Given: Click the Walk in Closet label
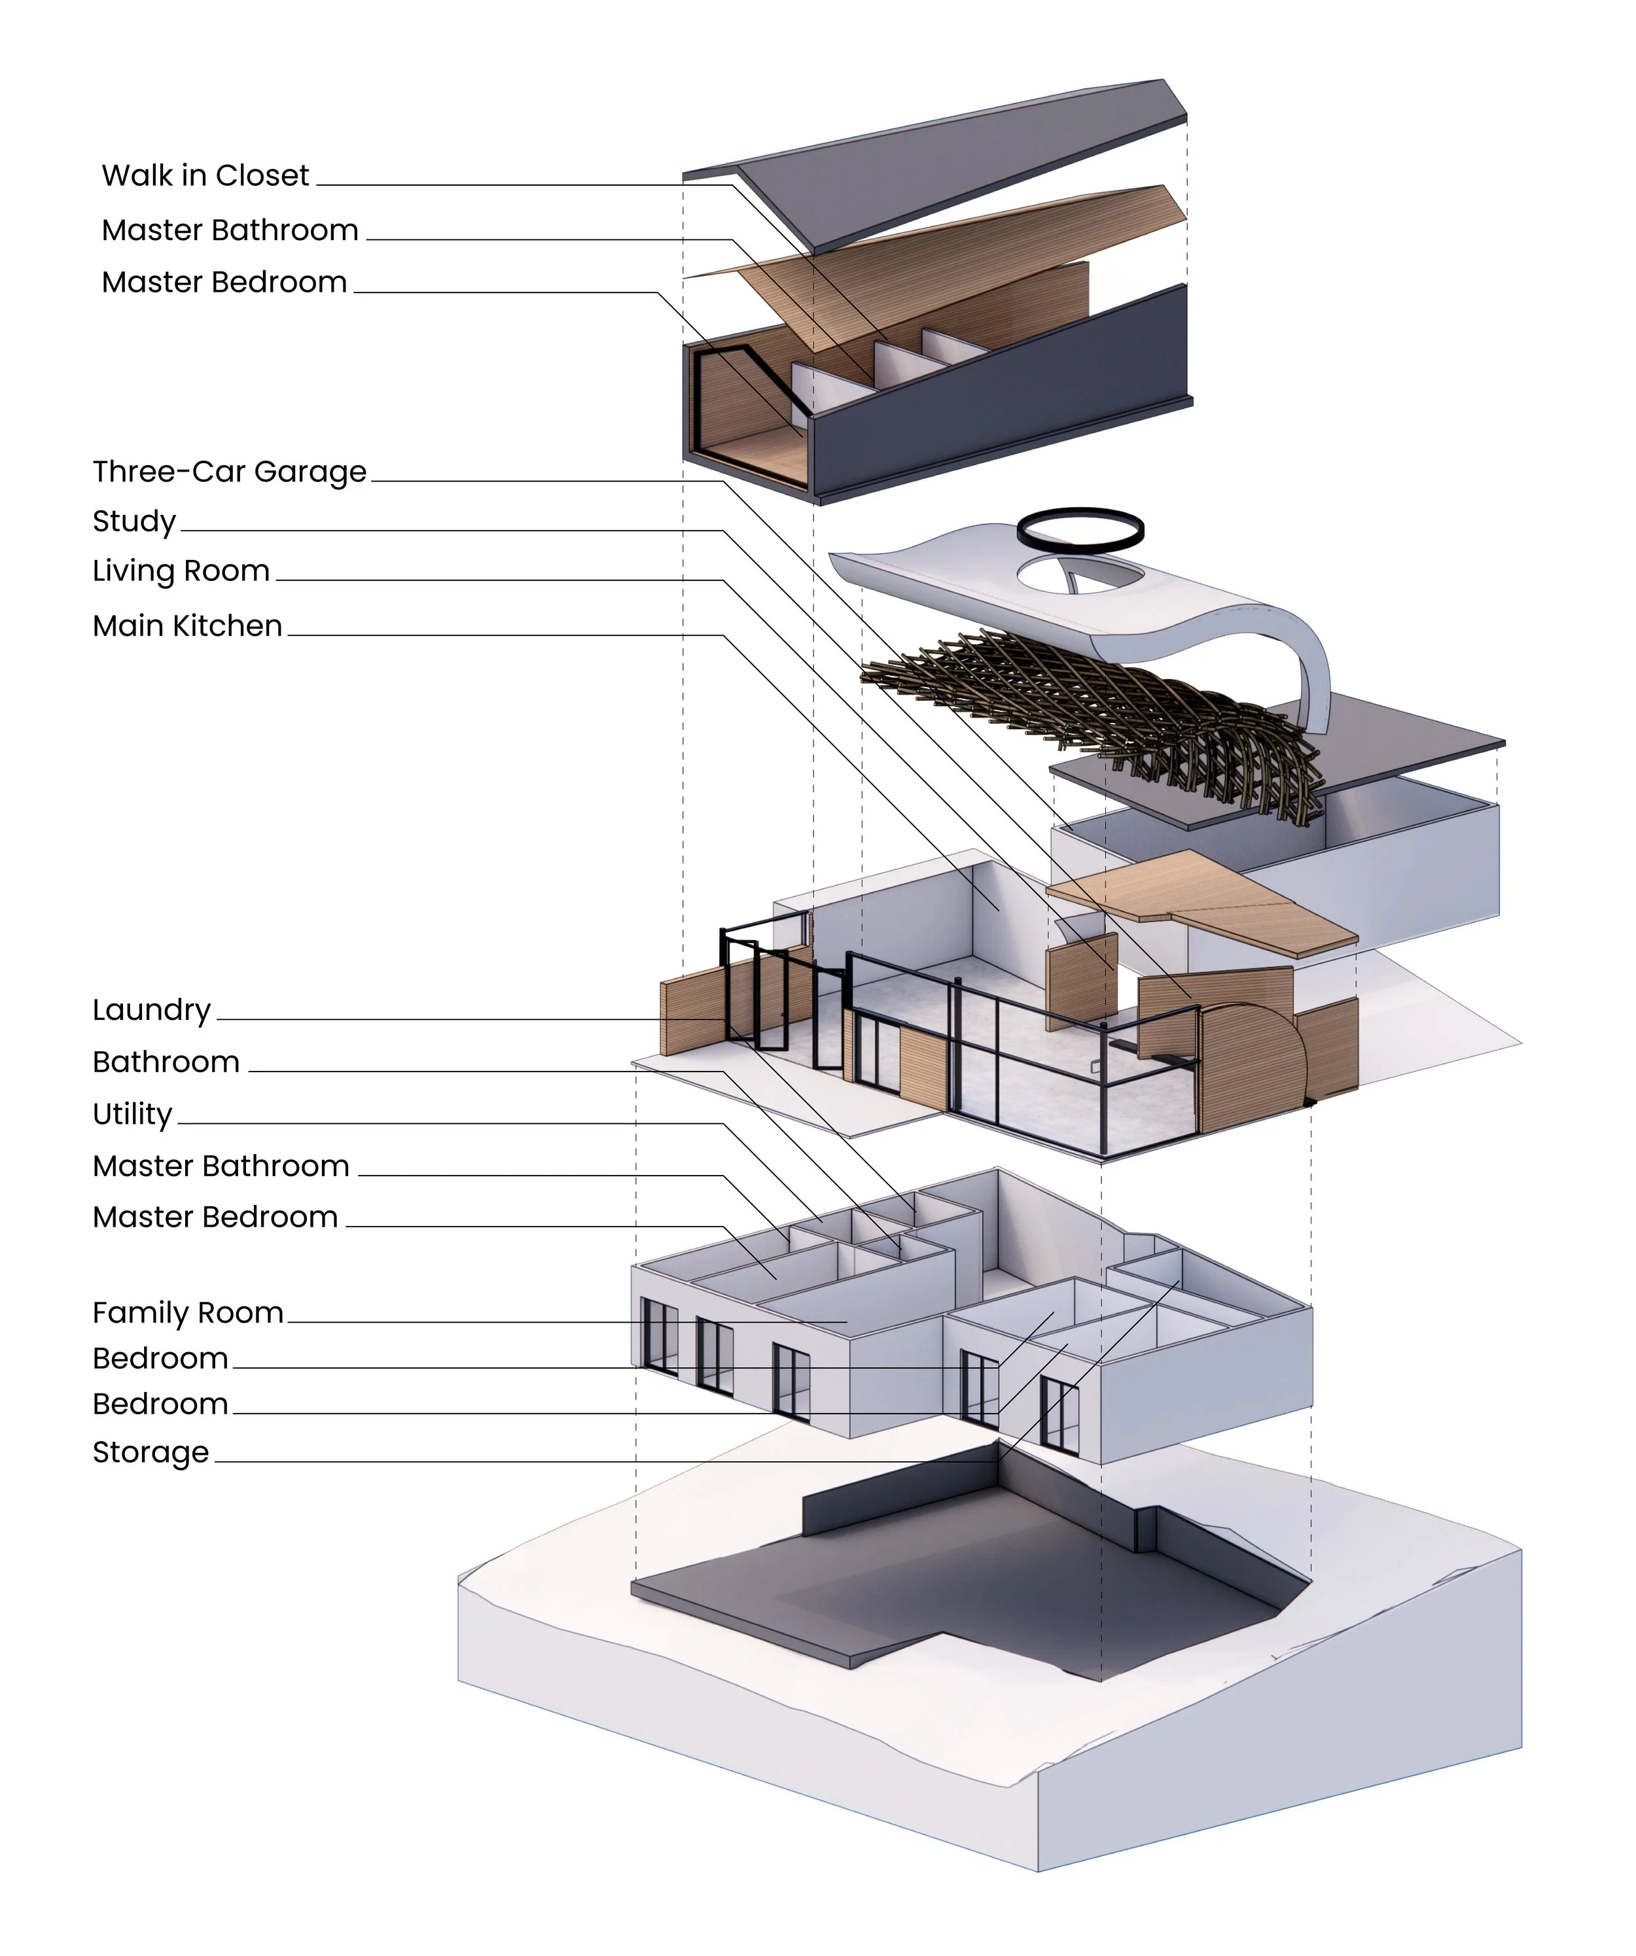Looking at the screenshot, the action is point(205,175).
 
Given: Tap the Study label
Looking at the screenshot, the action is point(134,521).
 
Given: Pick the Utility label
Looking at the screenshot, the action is point(132,1114).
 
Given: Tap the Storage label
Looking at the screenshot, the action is point(151,1452).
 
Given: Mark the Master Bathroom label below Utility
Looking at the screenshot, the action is point(221,1166).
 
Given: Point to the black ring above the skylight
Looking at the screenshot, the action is point(1080,527).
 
